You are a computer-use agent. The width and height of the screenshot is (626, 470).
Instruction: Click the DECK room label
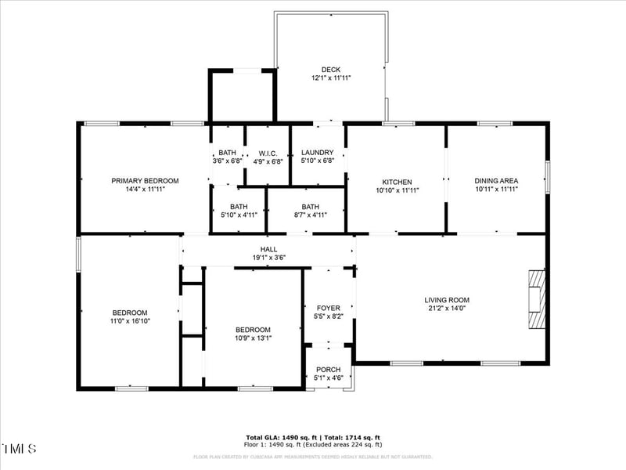click(330, 70)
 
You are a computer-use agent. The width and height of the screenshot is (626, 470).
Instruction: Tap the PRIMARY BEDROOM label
click(145, 181)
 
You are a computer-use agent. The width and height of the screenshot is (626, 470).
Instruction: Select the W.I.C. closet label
click(268, 153)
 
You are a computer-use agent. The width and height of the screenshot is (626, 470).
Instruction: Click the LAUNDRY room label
click(317, 153)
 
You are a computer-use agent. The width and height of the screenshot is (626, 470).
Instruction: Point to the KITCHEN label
click(397, 182)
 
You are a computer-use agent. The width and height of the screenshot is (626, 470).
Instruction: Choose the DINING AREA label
click(497, 181)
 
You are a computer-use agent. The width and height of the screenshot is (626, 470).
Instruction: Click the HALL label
click(268, 249)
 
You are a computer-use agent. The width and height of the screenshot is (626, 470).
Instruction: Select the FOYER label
click(328, 308)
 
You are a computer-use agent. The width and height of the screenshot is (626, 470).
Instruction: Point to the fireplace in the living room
click(536, 299)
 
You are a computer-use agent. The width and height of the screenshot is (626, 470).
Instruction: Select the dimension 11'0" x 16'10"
click(129, 320)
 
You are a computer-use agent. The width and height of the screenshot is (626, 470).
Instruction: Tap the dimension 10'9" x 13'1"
click(254, 338)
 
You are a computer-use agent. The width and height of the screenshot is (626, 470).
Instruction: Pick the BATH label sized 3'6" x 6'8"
click(228, 153)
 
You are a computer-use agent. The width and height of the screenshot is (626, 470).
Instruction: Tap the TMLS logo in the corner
click(20, 449)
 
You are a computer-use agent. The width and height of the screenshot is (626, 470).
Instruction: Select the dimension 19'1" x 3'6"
click(268, 258)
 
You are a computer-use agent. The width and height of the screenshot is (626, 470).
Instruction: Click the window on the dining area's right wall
click(547, 177)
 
